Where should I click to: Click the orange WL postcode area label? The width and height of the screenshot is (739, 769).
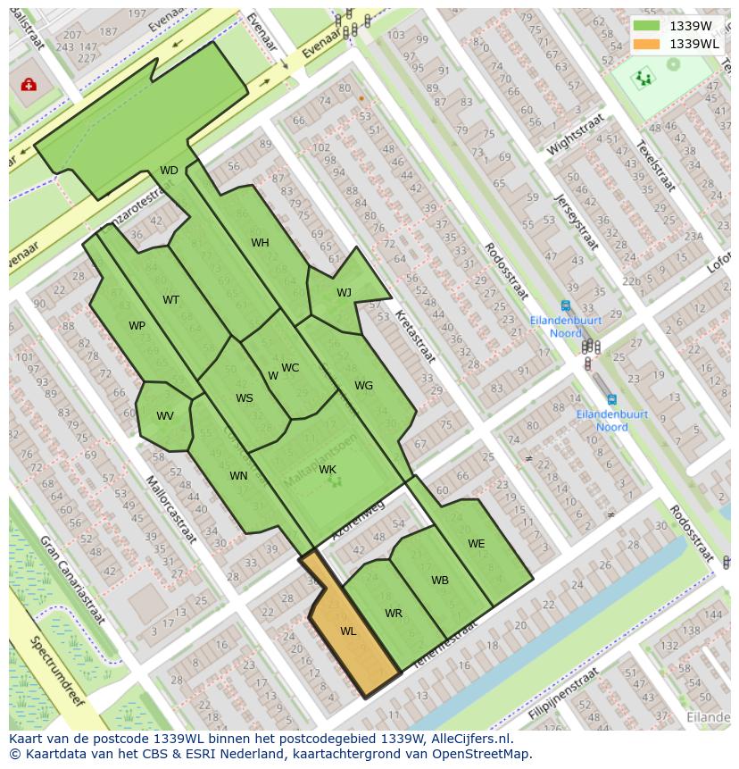pos(348,631)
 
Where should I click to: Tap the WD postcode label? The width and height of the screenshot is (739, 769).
pos(169,171)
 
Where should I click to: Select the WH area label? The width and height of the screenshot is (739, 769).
pos(260,243)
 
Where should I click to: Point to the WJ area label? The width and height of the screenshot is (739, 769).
pos(344,293)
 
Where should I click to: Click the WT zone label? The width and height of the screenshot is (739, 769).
pos(170,300)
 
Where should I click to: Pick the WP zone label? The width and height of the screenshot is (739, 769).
pos(137,326)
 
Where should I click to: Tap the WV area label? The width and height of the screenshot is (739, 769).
pos(165,416)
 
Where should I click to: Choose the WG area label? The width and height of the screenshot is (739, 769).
pos(363,386)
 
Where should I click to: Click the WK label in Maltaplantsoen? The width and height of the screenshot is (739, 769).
pos(328,470)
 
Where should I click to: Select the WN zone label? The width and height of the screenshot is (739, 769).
pos(238,476)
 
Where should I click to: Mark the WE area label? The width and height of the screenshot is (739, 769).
pos(477,544)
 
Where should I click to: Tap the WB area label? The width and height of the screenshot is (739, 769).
pos(440,581)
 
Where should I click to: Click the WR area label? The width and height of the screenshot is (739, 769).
pos(394,614)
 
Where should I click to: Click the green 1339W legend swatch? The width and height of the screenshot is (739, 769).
pos(647,26)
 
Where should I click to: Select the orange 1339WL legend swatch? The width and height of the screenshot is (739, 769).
pos(647,44)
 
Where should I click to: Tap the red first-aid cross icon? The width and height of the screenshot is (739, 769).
pos(29,85)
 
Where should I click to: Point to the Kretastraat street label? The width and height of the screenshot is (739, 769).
pos(415,336)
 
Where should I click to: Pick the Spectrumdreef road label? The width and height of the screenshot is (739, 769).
pos(56,671)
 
